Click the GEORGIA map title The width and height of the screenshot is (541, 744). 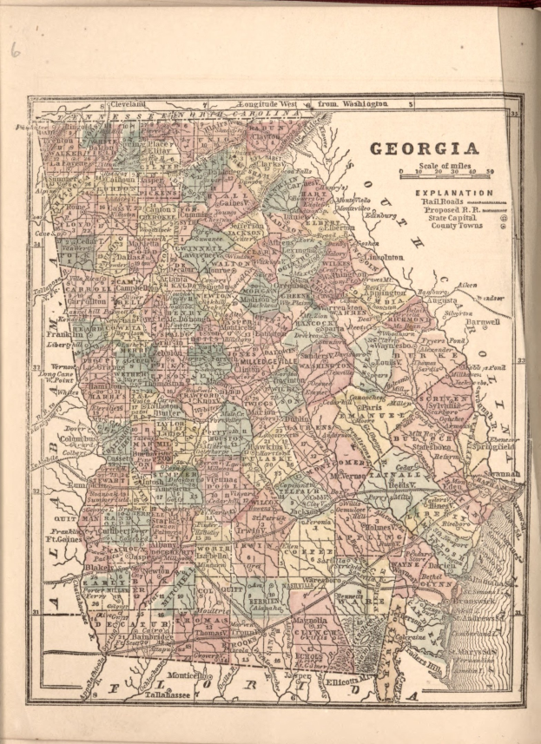click(x=425, y=148)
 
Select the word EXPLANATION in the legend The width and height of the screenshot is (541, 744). click(x=454, y=192)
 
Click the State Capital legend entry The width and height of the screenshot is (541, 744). click(x=447, y=218)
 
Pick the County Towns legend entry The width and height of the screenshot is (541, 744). click(x=447, y=227)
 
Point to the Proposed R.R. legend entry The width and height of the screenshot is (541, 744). click(x=451, y=209)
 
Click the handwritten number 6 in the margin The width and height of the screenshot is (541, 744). click(x=15, y=49)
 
